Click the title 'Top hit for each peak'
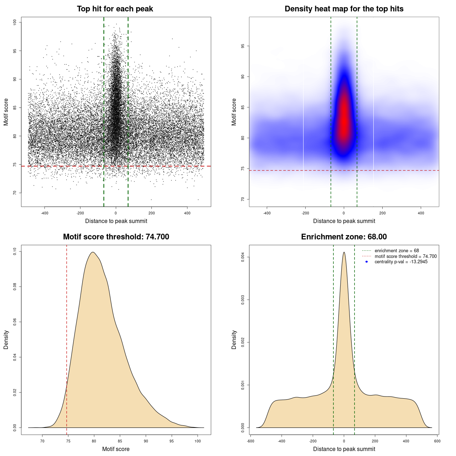coord(115,9)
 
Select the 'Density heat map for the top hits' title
coord(344,9)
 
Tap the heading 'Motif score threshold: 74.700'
coord(116,237)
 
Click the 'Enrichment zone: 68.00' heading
coord(344,237)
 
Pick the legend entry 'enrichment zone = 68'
coord(397,251)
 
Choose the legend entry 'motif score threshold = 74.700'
coord(405,256)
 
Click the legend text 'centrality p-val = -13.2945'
coord(401,262)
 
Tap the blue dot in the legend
coord(367,262)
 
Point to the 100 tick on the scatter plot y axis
coord(15,22)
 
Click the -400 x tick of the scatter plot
coord(45,213)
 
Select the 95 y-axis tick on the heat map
coord(243,46)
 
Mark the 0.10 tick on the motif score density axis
coord(15,252)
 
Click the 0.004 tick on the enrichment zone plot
coord(243,257)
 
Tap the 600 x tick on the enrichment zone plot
coord(437,441)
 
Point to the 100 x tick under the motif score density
coord(198,441)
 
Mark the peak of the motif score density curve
coord(93,252)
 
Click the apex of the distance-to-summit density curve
coord(344,252)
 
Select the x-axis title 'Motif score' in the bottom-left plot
coord(116,449)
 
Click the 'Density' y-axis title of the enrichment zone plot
coord(234,340)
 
